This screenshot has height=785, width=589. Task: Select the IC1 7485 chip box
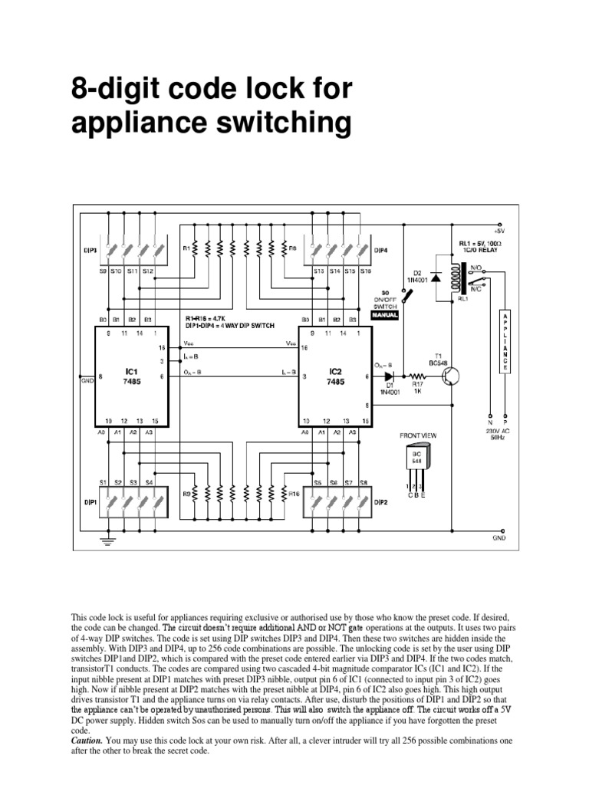131,376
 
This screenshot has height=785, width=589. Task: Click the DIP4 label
381,250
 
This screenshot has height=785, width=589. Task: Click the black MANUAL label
386,314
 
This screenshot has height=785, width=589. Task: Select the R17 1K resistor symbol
420,377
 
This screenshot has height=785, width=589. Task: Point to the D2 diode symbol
436,275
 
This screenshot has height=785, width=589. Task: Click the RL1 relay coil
463,274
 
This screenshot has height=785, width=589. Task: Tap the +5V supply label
500,229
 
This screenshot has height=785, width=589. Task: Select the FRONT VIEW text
417,435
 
